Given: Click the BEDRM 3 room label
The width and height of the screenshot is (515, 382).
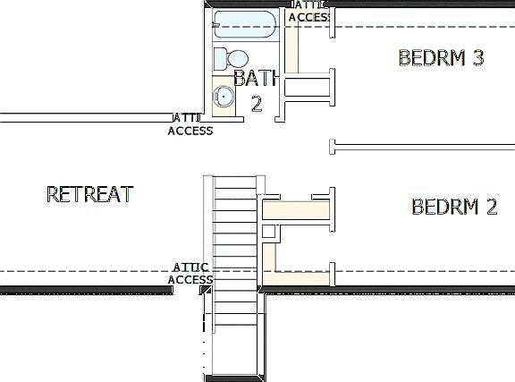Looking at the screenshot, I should click(x=441, y=58).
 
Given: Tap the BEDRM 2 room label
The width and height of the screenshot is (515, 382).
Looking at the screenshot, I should click(x=454, y=207).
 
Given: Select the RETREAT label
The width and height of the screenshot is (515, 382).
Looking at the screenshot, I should click(x=89, y=193).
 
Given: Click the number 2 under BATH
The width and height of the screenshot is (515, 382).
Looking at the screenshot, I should click(x=257, y=104).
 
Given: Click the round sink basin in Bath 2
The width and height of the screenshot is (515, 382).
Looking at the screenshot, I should click(x=222, y=96).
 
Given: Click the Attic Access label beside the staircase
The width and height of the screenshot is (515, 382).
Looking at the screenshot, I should click(x=190, y=273).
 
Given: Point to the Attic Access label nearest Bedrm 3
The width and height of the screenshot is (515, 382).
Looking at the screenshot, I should click(x=310, y=12).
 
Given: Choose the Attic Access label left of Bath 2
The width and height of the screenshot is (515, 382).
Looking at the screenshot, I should click(x=190, y=124).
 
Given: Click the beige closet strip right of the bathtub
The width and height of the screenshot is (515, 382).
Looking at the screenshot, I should click(x=291, y=45).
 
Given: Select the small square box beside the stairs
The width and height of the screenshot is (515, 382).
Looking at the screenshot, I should click(x=268, y=232).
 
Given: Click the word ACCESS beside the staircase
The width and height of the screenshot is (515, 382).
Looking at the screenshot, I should click(x=190, y=279).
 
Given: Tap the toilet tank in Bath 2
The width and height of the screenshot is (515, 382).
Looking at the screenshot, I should click(x=219, y=58).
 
